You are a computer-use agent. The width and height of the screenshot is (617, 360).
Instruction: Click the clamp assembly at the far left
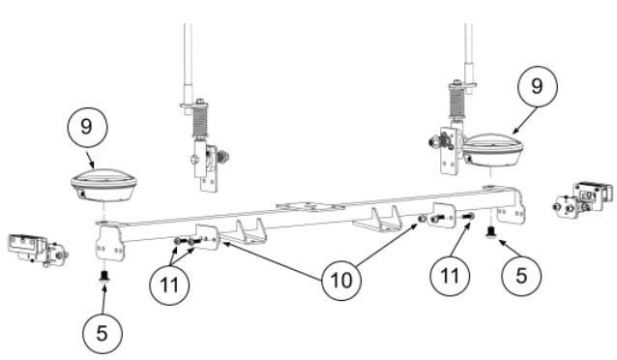coord(35,248)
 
